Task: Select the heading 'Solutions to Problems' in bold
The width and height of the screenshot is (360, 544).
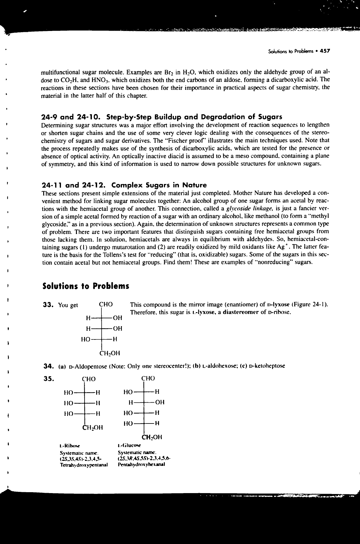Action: [x=85, y=286]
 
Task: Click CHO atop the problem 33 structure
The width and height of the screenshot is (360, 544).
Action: [x=106, y=305]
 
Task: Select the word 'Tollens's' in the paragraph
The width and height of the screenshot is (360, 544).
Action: [x=105, y=254]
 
